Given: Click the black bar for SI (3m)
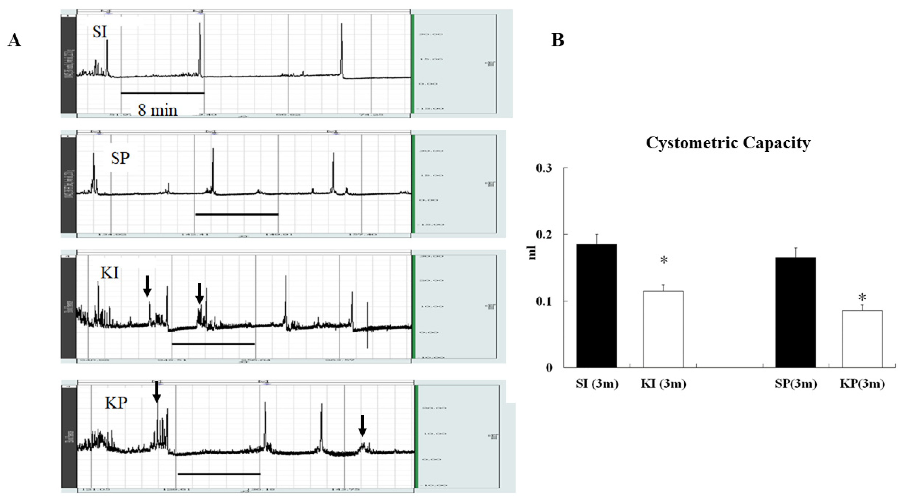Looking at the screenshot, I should (x=597, y=305).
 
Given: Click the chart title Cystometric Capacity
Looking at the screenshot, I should (x=728, y=143).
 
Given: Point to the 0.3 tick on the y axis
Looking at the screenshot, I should (x=544, y=168).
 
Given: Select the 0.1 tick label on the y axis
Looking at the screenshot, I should (x=544, y=301).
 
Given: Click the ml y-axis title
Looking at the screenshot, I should (x=532, y=252).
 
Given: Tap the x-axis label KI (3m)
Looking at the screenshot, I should (x=663, y=384).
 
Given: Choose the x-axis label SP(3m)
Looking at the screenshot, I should (x=796, y=384).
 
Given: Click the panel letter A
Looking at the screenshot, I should (x=14, y=41).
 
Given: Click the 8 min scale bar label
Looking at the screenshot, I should (x=157, y=110).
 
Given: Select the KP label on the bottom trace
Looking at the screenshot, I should (x=116, y=403).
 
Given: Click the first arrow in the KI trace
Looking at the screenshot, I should (x=147, y=286).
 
